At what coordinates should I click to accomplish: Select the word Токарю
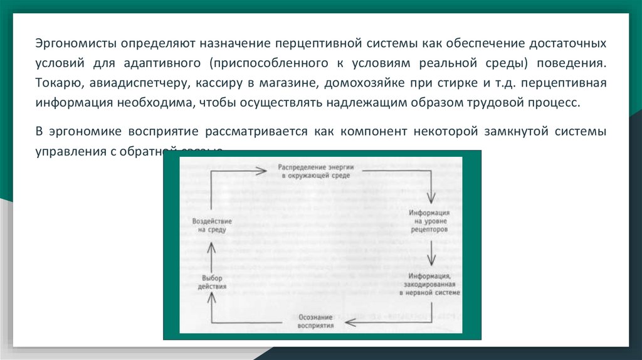tap(56, 83)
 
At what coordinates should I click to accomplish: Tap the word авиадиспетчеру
tap(132, 83)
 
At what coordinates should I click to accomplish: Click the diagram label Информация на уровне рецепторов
tap(430, 221)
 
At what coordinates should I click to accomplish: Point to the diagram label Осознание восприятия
tap(316, 321)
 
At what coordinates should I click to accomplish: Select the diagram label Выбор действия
tap(212, 282)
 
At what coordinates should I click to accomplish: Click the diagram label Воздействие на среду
tap(211, 226)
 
